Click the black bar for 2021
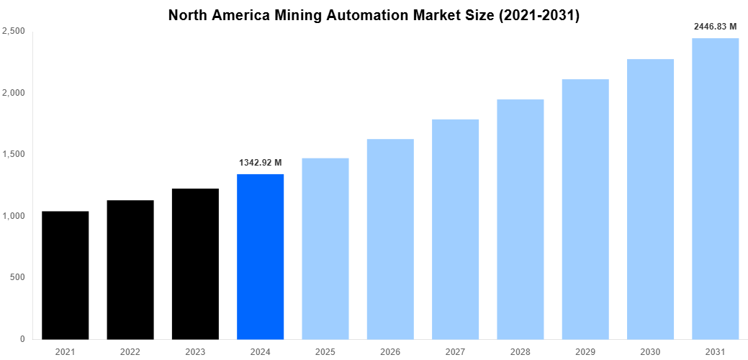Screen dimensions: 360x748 pos(66,275)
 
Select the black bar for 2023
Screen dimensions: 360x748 pos(195,264)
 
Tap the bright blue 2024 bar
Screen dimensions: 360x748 pos(260,256)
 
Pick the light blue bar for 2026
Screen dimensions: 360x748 pos(390,239)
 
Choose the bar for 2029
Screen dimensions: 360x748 pos(585,209)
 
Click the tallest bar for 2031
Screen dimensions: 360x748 pos(715,189)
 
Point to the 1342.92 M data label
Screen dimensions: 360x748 pos(260,163)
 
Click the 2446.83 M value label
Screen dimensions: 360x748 pos(715,27)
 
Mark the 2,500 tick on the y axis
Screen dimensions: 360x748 pos(14,32)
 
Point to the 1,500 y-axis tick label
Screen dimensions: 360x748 pos(14,155)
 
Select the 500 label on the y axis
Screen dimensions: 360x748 pos(17,278)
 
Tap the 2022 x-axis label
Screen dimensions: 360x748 pos(130,351)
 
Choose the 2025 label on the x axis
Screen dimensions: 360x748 pos(325,351)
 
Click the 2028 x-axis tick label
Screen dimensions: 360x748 pos(520,351)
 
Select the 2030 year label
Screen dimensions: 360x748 pos(650,351)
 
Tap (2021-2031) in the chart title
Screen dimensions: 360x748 pos(539,14)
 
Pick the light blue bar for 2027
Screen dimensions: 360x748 pos(455,229)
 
